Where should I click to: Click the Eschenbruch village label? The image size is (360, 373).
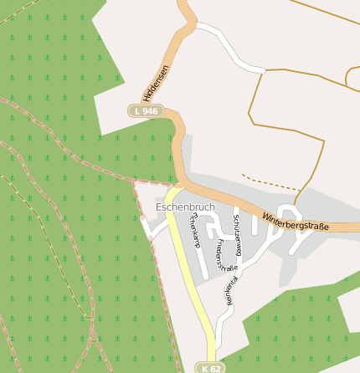[x=185, y=206]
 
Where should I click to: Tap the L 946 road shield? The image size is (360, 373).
[x=144, y=110]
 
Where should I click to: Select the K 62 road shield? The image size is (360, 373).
[x=211, y=367]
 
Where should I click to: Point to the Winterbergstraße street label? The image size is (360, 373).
[x=295, y=222]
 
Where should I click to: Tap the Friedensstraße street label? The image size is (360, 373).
[x=226, y=255]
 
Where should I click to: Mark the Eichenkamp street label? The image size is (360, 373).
[x=194, y=230]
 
